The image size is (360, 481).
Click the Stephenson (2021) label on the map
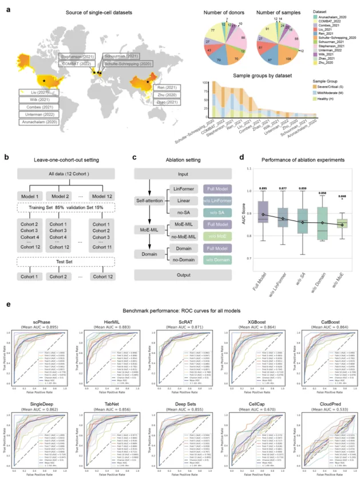(x=77, y=56)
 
